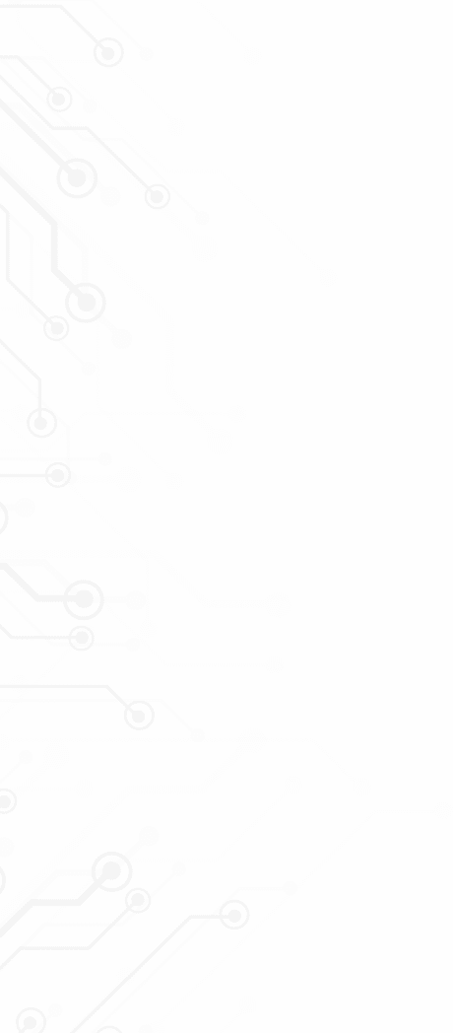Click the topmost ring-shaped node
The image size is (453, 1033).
[x=108, y=51]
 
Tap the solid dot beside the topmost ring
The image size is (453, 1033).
[x=146, y=54]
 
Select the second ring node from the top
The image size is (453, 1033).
[x=59, y=99]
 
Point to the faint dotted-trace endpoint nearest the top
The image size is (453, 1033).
[x=253, y=56]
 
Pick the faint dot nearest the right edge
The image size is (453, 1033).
[x=443, y=811]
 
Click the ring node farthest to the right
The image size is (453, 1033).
[x=234, y=915]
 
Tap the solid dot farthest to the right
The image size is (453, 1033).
[x=290, y=888]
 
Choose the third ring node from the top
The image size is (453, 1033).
[x=76, y=178]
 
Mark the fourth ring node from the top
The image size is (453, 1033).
[x=157, y=196]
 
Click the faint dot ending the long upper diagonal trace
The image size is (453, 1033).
[x=327, y=278]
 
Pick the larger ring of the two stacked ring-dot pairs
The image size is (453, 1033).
[x=84, y=598]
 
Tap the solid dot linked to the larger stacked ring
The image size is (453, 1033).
[x=136, y=600]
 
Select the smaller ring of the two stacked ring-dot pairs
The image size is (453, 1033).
[x=81, y=639]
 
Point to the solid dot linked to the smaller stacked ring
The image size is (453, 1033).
[x=133, y=645]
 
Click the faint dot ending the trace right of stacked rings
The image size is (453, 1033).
[x=279, y=604]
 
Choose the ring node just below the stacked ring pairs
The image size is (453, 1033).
[x=139, y=716]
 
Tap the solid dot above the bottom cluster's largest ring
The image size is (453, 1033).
[x=149, y=836]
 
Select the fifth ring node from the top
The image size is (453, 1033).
[x=86, y=301]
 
